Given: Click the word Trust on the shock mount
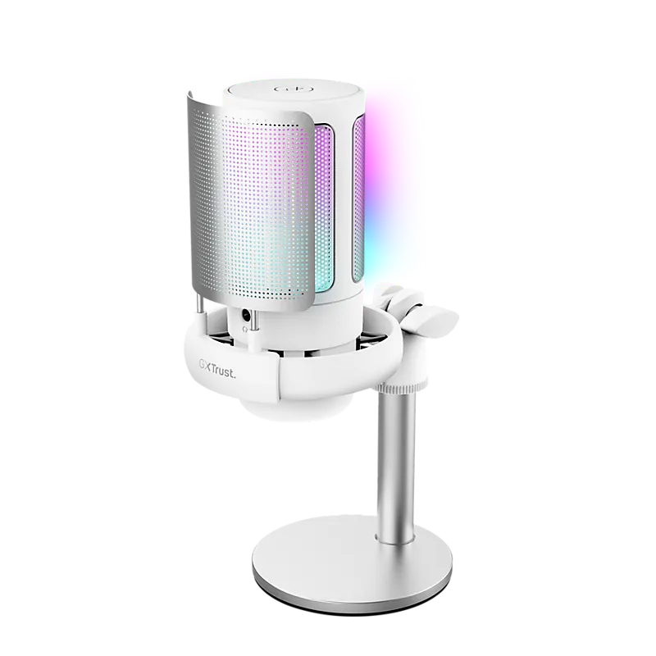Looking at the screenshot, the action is click(223, 372).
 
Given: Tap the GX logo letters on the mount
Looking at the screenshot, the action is click(205, 366).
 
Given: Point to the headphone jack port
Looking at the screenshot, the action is click(245, 316).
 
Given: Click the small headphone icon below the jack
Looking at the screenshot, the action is click(245, 330).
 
